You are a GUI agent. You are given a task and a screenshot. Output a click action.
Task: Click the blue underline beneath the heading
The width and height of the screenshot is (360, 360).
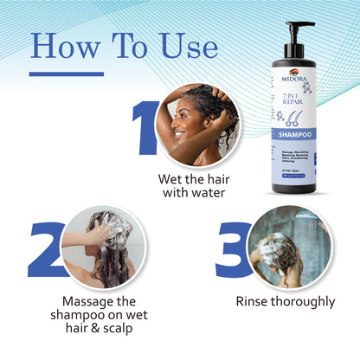coord(66,74)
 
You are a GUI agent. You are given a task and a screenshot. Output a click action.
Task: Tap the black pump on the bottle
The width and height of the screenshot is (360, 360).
coord(303,34)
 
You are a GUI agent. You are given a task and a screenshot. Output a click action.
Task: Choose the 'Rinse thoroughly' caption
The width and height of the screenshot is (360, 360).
coord(285,301)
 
